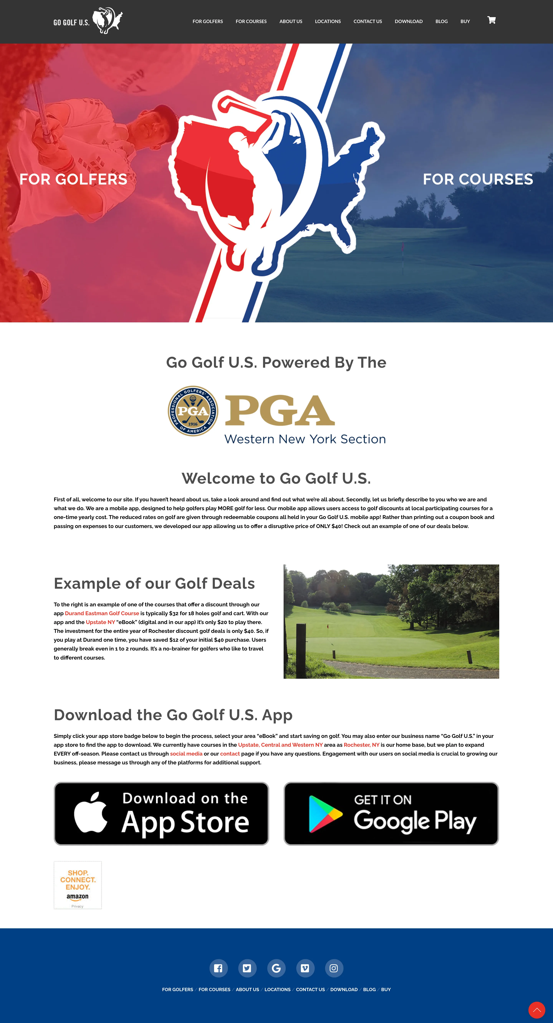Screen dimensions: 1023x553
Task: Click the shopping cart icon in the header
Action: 491,20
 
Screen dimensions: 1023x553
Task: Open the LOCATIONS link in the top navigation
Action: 328,22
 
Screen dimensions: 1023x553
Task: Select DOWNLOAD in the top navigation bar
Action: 408,22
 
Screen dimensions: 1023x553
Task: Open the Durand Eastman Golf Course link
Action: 102,614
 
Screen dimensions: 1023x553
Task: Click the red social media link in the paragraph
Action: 186,754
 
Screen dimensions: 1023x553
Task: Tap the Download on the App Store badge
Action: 161,814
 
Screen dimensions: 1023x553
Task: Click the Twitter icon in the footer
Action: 247,968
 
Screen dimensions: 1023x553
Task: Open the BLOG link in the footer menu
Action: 369,990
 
